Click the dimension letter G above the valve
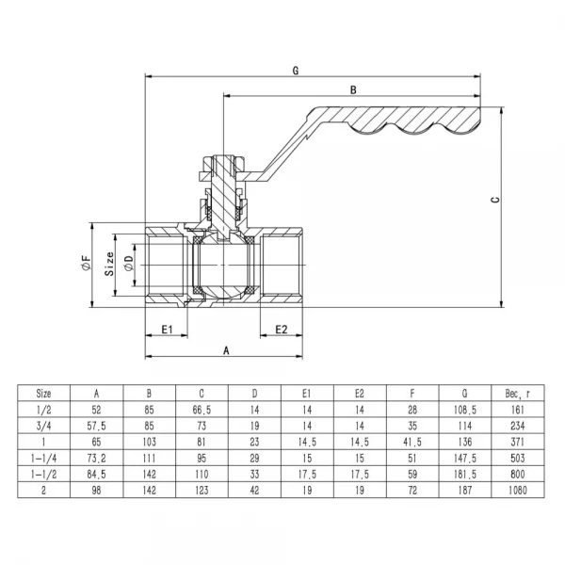click(x=296, y=70)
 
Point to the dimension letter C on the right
click(x=495, y=199)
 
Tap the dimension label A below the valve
click(x=226, y=349)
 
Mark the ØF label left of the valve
click(x=86, y=266)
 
